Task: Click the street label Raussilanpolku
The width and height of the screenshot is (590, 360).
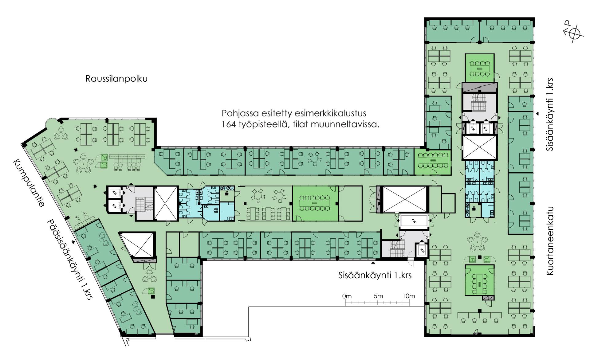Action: click(x=116, y=79)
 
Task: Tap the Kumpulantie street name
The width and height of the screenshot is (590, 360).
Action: click(x=29, y=183)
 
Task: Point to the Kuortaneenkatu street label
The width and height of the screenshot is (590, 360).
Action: click(x=550, y=241)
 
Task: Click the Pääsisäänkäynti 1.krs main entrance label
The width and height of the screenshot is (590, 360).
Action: click(x=70, y=259)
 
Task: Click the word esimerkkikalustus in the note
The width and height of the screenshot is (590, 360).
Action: click(x=330, y=113)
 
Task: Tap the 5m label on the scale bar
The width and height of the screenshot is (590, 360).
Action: click(x=378, y=296)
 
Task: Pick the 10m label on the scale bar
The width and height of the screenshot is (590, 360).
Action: click(x=409, y=296)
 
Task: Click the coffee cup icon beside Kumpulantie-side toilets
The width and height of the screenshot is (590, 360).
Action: click(x=226, y=193)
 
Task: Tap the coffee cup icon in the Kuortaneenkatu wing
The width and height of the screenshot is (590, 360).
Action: click(x=474, y=208)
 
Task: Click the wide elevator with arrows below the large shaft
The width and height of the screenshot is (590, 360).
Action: click(x=414, y=221)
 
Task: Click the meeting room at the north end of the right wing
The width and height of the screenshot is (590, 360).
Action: click(x=479, y=68)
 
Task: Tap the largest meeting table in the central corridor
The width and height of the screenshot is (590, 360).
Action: click(x=314, y=203)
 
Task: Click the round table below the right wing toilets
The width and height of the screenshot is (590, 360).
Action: click(x=477, y=242)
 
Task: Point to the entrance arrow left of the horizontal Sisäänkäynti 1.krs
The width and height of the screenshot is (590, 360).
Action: click(x=373, y=263)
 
